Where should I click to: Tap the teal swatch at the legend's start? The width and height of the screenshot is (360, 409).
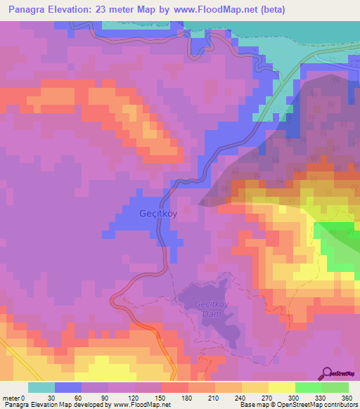point(41,387)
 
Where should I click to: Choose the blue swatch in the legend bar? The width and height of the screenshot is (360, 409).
point(68,387)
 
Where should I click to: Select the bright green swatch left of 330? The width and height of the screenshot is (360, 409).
point(309,387)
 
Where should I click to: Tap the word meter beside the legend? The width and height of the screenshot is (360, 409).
point(12,397)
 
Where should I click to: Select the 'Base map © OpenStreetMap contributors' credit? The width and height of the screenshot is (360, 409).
point(298,405)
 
